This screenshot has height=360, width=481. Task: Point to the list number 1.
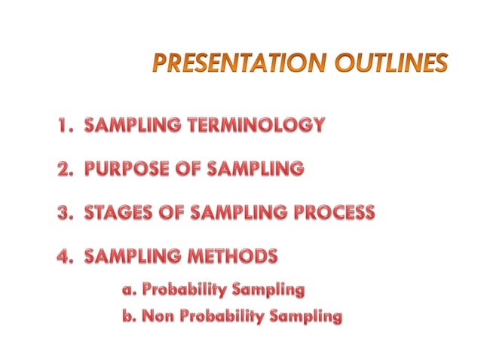pos(65,125)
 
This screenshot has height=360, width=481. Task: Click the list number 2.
pos(65,169)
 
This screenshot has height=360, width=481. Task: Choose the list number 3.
pos(65,212)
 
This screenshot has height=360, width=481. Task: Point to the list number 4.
pos(65,256)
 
